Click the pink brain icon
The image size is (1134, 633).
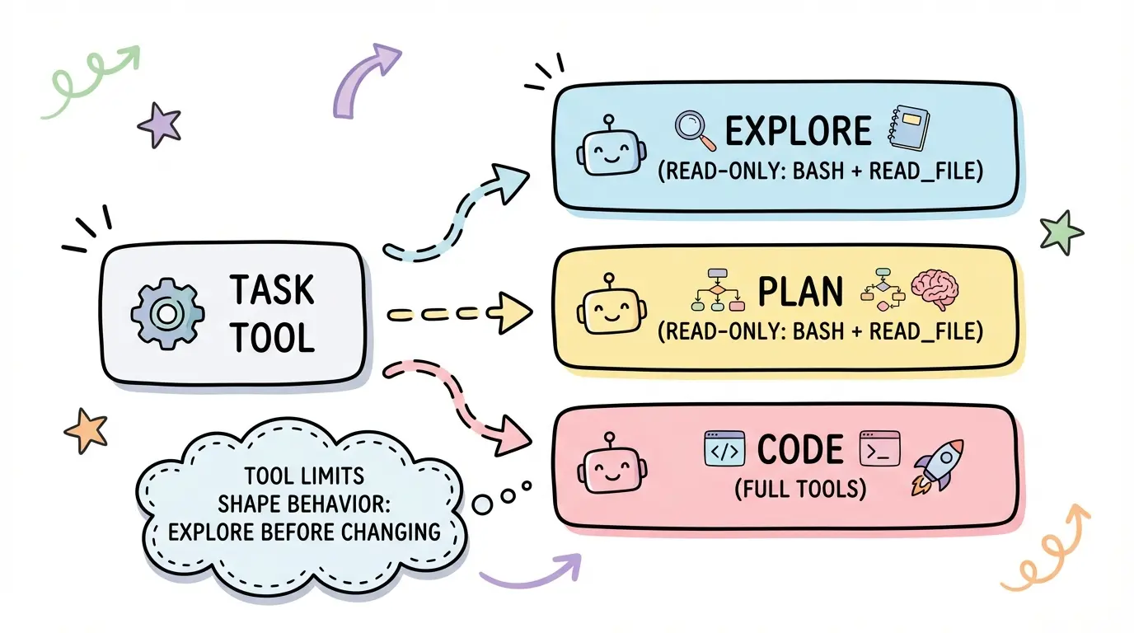pos(935,291)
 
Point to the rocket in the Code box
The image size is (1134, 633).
pos(938,466)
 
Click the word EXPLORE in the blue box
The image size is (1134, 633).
pos(797,131)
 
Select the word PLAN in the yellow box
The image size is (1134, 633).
pos(800,293)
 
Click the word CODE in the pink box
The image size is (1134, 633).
pos(800,450)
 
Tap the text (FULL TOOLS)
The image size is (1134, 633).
pos(800,489)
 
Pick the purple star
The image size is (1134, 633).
pos(158,124)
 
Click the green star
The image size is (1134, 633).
pos(1061,232)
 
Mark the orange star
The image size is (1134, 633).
pos(87,429)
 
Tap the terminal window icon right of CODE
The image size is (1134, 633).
pos(879,450)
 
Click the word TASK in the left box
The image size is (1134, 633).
pos(271,290)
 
